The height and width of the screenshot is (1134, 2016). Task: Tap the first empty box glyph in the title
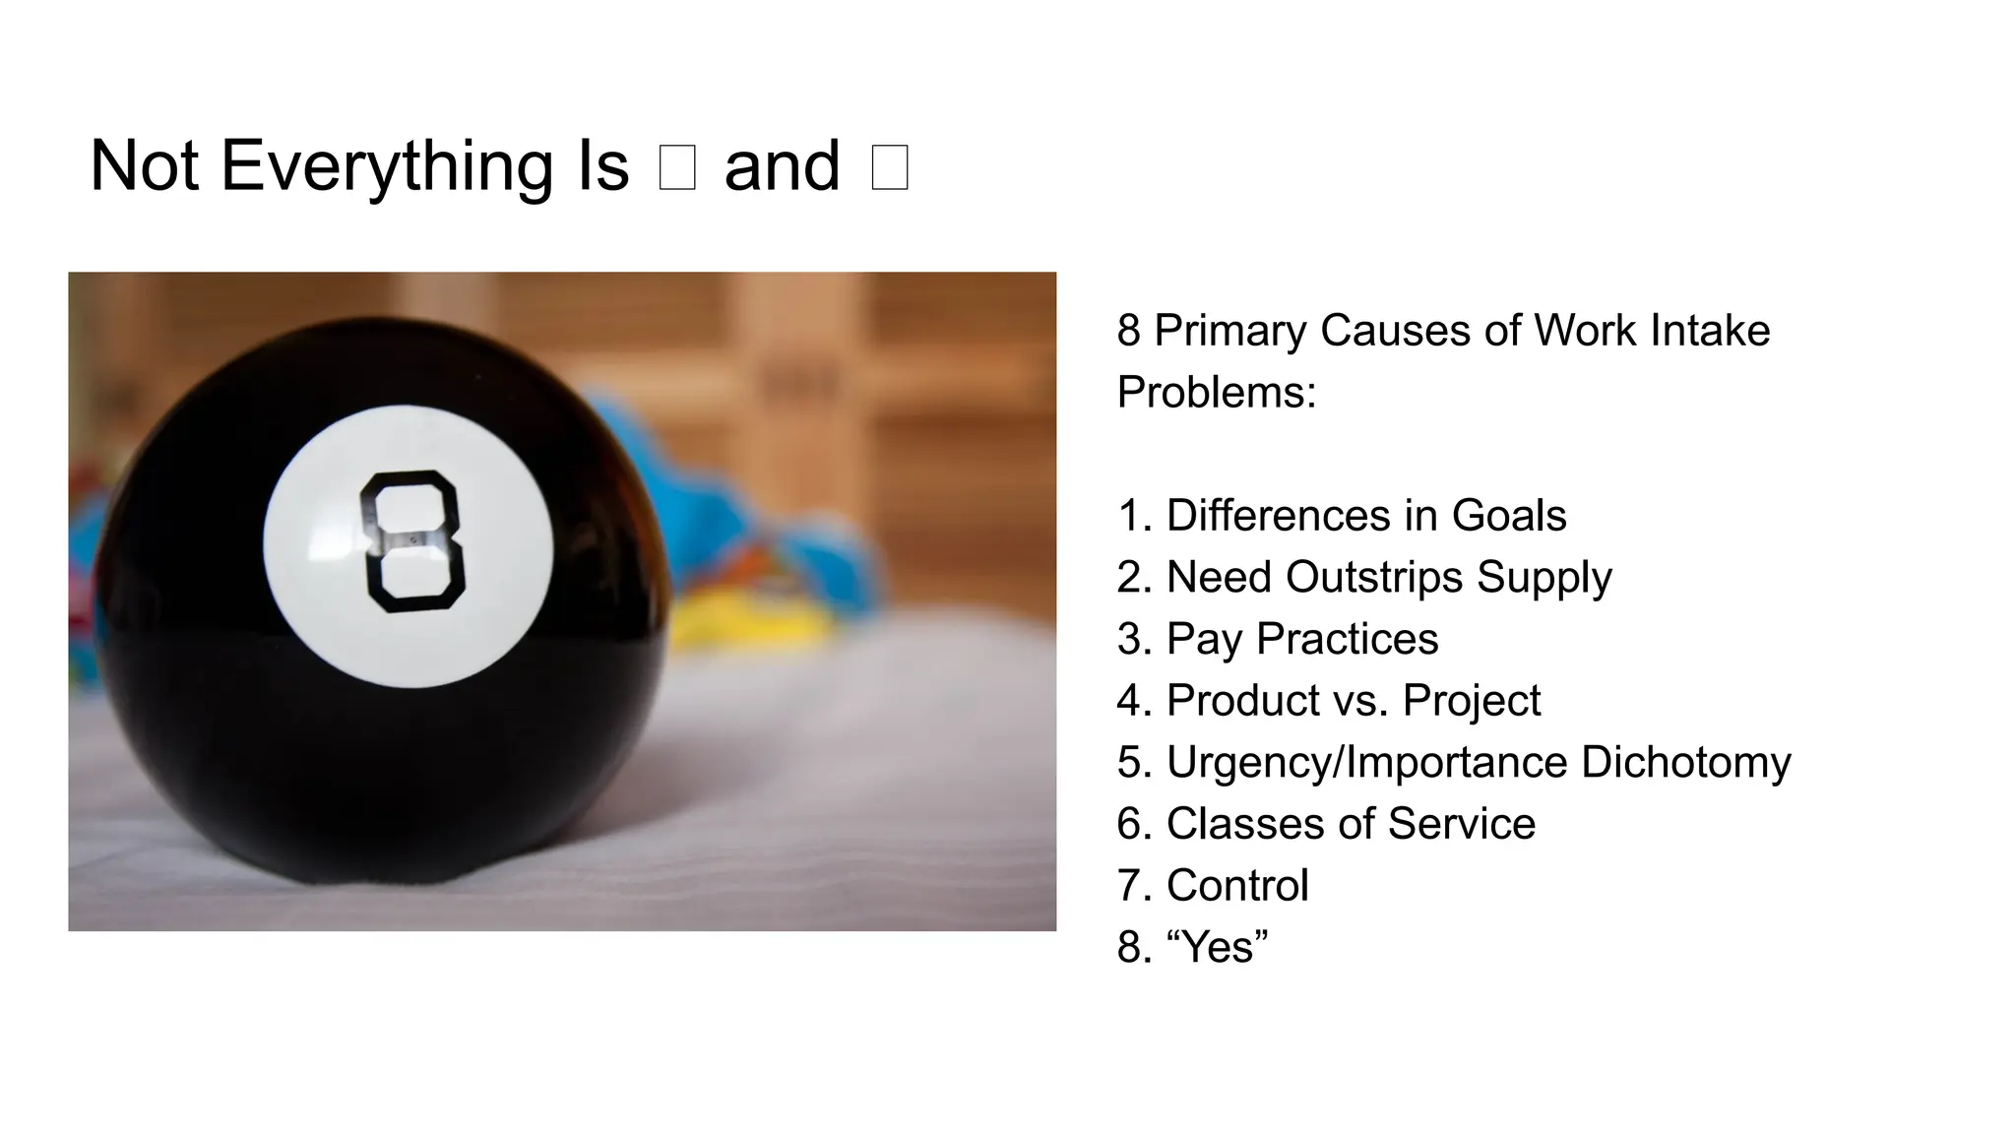coord(677,167)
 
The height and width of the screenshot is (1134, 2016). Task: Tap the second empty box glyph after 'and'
coord(890,167)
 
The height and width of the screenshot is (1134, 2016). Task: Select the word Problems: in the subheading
coord(1217,393)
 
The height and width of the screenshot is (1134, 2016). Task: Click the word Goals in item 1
coord(1509,516)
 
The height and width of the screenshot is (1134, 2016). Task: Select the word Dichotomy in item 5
coord(1685,763)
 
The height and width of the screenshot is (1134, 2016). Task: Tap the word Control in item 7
coord(1237,886)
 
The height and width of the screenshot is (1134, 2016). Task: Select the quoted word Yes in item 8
coord(1217,948)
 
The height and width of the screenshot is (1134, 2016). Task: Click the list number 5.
coord(1129,763)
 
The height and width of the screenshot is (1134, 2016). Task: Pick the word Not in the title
coord(144,166)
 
